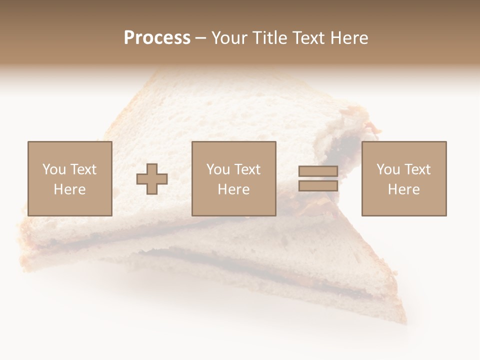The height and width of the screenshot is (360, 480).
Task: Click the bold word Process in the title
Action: pos(157,38)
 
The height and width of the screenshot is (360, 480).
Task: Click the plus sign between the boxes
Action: pos(152,179)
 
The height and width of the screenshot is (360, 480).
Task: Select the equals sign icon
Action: pos(318,178)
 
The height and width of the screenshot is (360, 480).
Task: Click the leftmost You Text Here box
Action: pos(69,178)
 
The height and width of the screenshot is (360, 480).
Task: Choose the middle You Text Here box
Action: pos(233,178)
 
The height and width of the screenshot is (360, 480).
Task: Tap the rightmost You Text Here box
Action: pos(403,178)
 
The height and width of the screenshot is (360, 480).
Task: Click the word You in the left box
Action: pos(54,169)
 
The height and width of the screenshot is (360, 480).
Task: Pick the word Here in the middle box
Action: pos(233,189)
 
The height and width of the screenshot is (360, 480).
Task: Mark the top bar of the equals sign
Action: pos(318,171)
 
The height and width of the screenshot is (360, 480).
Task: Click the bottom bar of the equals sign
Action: pos(318,185)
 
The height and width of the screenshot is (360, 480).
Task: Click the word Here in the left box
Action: pos(69,189)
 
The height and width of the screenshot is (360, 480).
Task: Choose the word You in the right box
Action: pos(388,169)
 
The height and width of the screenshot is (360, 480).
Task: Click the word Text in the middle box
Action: pos(247,169)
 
